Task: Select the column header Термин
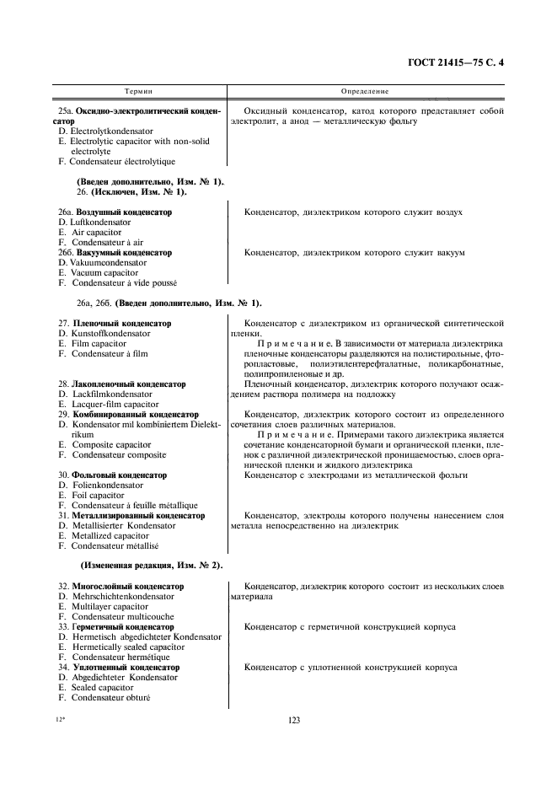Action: pos(139,90)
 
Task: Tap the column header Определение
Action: pos(364,90)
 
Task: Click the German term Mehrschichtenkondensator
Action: pos(122,596)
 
